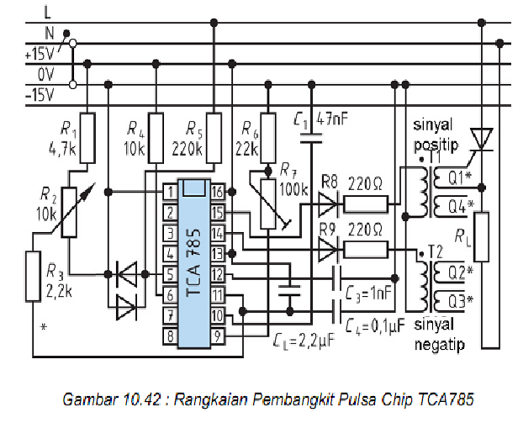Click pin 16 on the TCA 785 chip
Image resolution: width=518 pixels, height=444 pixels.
point(216,193)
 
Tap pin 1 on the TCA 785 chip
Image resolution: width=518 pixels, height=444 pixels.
point(169,193)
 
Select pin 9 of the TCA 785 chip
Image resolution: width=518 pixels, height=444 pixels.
point(216,336)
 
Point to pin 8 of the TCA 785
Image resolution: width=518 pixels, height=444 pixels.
point(169,336)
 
